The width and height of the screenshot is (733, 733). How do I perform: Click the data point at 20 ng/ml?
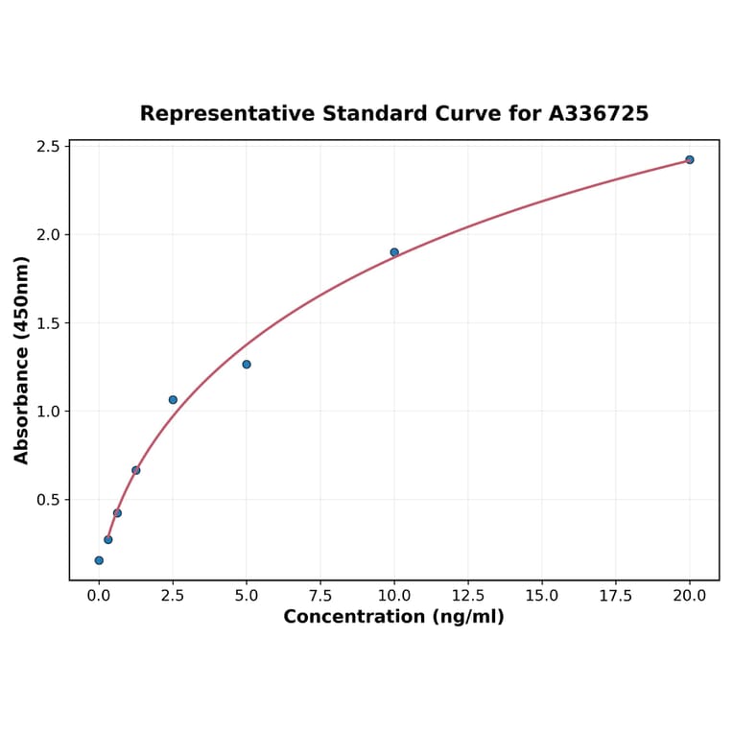click(x=690, y=159)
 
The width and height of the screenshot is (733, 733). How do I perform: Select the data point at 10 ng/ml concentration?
click(x=394, y=252)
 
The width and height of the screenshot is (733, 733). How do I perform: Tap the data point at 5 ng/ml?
click(x=247, y=365)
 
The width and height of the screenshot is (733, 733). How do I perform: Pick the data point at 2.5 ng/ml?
click(x=173, y=400)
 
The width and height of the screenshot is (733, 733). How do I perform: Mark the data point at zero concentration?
click(x=99, y=560)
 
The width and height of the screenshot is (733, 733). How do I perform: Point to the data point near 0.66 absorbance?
click(x=136, y=470)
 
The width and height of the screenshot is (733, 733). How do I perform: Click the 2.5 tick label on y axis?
click(x=49, y=147)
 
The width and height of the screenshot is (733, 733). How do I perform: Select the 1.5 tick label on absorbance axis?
click(x=49, y=323)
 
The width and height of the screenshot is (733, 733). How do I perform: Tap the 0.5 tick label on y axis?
click(x=49, y=500)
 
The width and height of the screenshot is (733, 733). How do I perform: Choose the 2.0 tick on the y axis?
click(x=49, y=235)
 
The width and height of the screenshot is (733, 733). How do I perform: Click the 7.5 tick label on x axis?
click(x=320, y=596)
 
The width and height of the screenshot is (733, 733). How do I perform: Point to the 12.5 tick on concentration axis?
click(x=468, y=596)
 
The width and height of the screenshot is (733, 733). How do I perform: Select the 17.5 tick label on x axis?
click(x=616, y=596)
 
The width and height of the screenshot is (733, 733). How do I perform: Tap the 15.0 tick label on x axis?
click(x=542, y=596)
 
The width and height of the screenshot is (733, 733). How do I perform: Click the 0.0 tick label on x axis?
click(x=99, y=596)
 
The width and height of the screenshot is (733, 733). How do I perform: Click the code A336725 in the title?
click(x=599, y=114)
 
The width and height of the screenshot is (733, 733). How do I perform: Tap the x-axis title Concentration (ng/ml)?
click(x=393, y=617)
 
